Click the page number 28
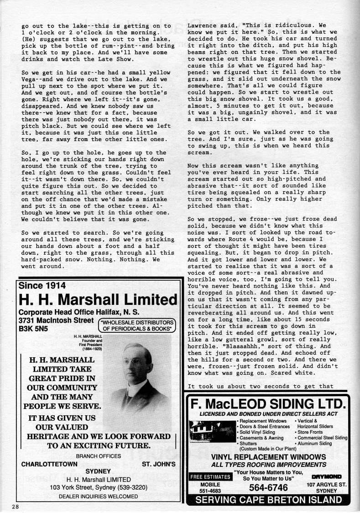pyautogui.click(x=15, y=507)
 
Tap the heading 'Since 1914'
pyautogui.click(x=42, y=285)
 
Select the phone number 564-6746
pyautogui.click(x=268, y=487)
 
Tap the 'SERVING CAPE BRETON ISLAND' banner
pyautogui.click(x=268, y=500)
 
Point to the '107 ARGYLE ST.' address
pyautogui.click(x=326, y=484)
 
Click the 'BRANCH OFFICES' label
pyautogui.click(x=98, y=455)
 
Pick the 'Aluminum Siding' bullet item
pyautogui.click(x=314, y=443)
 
